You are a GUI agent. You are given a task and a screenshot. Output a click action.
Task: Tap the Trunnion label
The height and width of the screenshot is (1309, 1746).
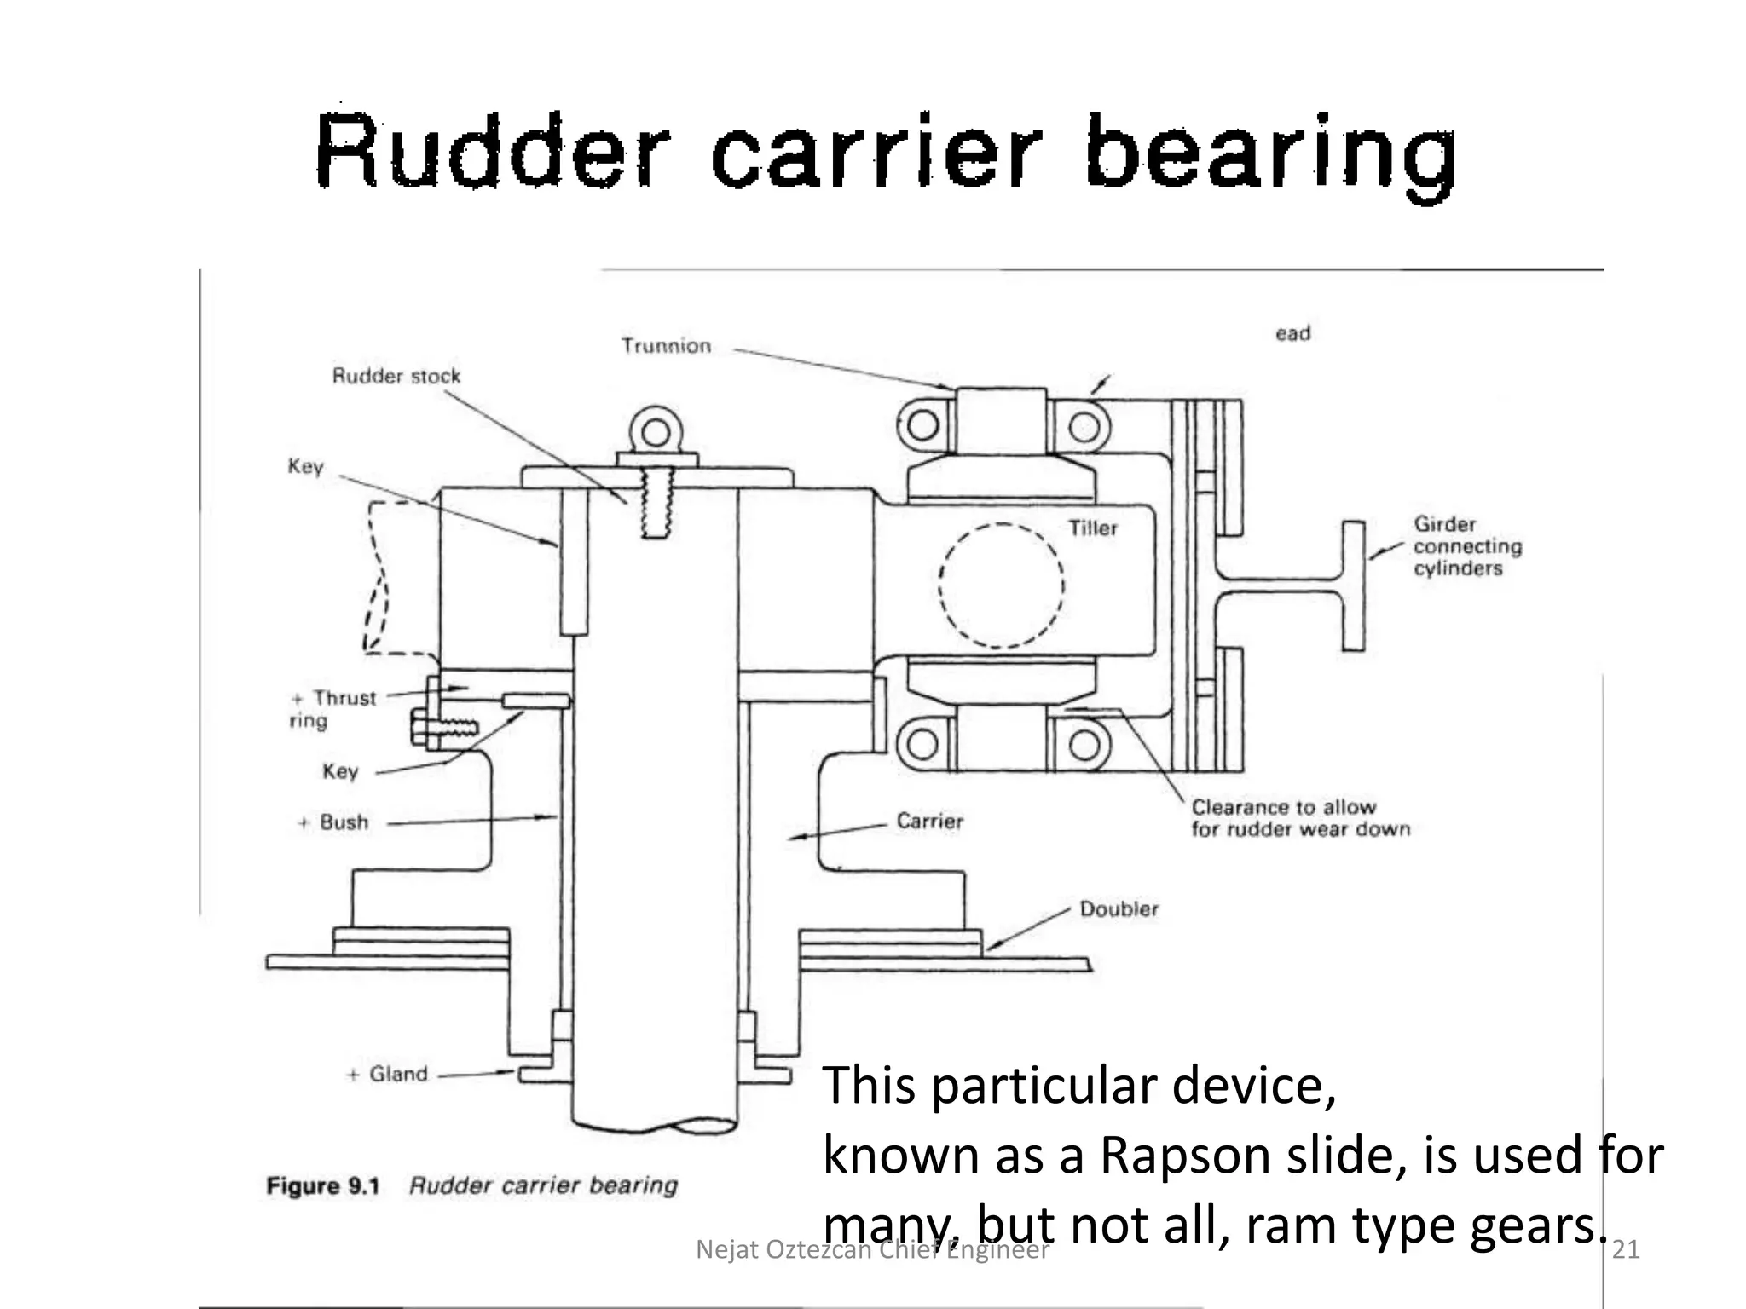[x=666, y=346]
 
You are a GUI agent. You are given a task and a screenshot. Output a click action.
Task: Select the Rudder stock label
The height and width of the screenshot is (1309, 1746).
[x=396, y=376]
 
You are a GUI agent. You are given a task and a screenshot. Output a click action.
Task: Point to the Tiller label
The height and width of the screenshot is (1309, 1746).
[x=1092, y=528]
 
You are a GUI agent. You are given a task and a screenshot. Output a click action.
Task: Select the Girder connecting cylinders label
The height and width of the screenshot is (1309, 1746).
[x=1466, y=546]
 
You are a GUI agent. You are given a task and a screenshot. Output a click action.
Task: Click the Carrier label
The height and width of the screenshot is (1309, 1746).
[x=929, y=822]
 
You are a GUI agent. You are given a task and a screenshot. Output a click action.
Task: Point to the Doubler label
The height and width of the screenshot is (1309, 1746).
[x=1119, y=909]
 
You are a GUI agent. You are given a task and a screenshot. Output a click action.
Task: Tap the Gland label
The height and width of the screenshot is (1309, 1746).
[x=397, y=1074]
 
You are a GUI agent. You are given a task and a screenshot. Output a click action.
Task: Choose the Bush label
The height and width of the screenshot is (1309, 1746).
[x=344, y=822]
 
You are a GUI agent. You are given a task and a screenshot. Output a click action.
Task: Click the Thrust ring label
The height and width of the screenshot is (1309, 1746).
[x=334, y=709]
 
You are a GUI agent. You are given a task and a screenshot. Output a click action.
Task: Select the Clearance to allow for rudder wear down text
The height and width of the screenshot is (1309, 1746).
[x=1299, y=818]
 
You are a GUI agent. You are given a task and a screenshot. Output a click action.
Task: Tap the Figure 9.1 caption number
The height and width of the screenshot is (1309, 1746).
[x=322, y=1185]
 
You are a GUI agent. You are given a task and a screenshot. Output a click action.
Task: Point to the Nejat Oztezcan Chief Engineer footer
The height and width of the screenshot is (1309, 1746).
[x=871, y=1249]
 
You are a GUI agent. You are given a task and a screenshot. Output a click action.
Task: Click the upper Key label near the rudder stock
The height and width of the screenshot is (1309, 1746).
[x=305, y=467]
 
